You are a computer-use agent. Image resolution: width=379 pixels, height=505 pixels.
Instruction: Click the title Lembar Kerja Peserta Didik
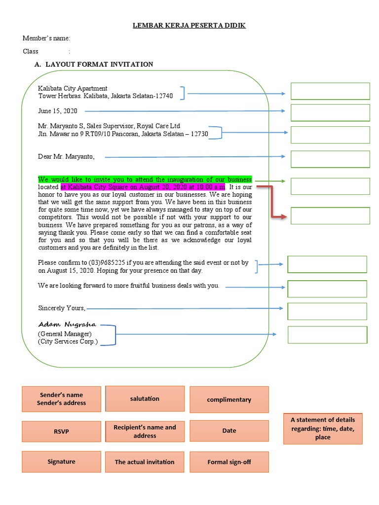pyautogui.click(x=189, y=26)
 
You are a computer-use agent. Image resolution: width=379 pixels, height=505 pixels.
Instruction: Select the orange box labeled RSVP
pyautogui.click(x=61, y=432)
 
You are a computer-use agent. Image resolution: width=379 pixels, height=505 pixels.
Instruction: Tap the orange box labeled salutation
pyautogui.click(x=145, y=398)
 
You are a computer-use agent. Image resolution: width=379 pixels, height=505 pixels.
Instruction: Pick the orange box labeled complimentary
pyautogui.click(x=229, y=399)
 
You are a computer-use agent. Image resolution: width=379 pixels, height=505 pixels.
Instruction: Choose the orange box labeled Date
pyautogui.click(x=229, y=431)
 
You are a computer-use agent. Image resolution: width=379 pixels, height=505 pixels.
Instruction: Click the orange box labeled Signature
pyautogui.click(x=61, y=462)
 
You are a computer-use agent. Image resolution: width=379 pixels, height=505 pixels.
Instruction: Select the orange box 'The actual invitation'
pyautogui.click(x=145, y=462)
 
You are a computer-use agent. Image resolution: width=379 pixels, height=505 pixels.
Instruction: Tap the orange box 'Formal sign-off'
pyautogui.click(x=229, y=462)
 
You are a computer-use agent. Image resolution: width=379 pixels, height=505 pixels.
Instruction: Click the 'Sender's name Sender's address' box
pyautogui.click(x=61, y=399)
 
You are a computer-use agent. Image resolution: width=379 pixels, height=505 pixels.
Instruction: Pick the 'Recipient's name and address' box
pyautogui.click(x=145, y=432)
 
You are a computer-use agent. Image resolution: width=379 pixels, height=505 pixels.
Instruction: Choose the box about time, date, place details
pyautogui.click(x=323, y=428)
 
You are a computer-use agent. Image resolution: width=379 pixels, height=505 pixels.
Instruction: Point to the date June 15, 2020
pyautogui.click(x=58, y=111)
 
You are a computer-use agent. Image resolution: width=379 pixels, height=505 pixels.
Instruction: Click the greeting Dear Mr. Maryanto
pyautogui.click(x=66, y=157)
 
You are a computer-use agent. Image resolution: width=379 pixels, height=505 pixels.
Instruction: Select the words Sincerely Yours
pyautogui.click(x=62, y=308)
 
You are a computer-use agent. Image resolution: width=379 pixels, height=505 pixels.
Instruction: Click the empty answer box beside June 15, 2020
pyautogui.click(x=330, y=112)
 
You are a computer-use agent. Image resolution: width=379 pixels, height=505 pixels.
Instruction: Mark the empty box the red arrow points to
pyautogui.click(x=330, y=216)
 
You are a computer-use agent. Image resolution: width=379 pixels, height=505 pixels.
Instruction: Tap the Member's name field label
pyautogui.click(x=46, y=38)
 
